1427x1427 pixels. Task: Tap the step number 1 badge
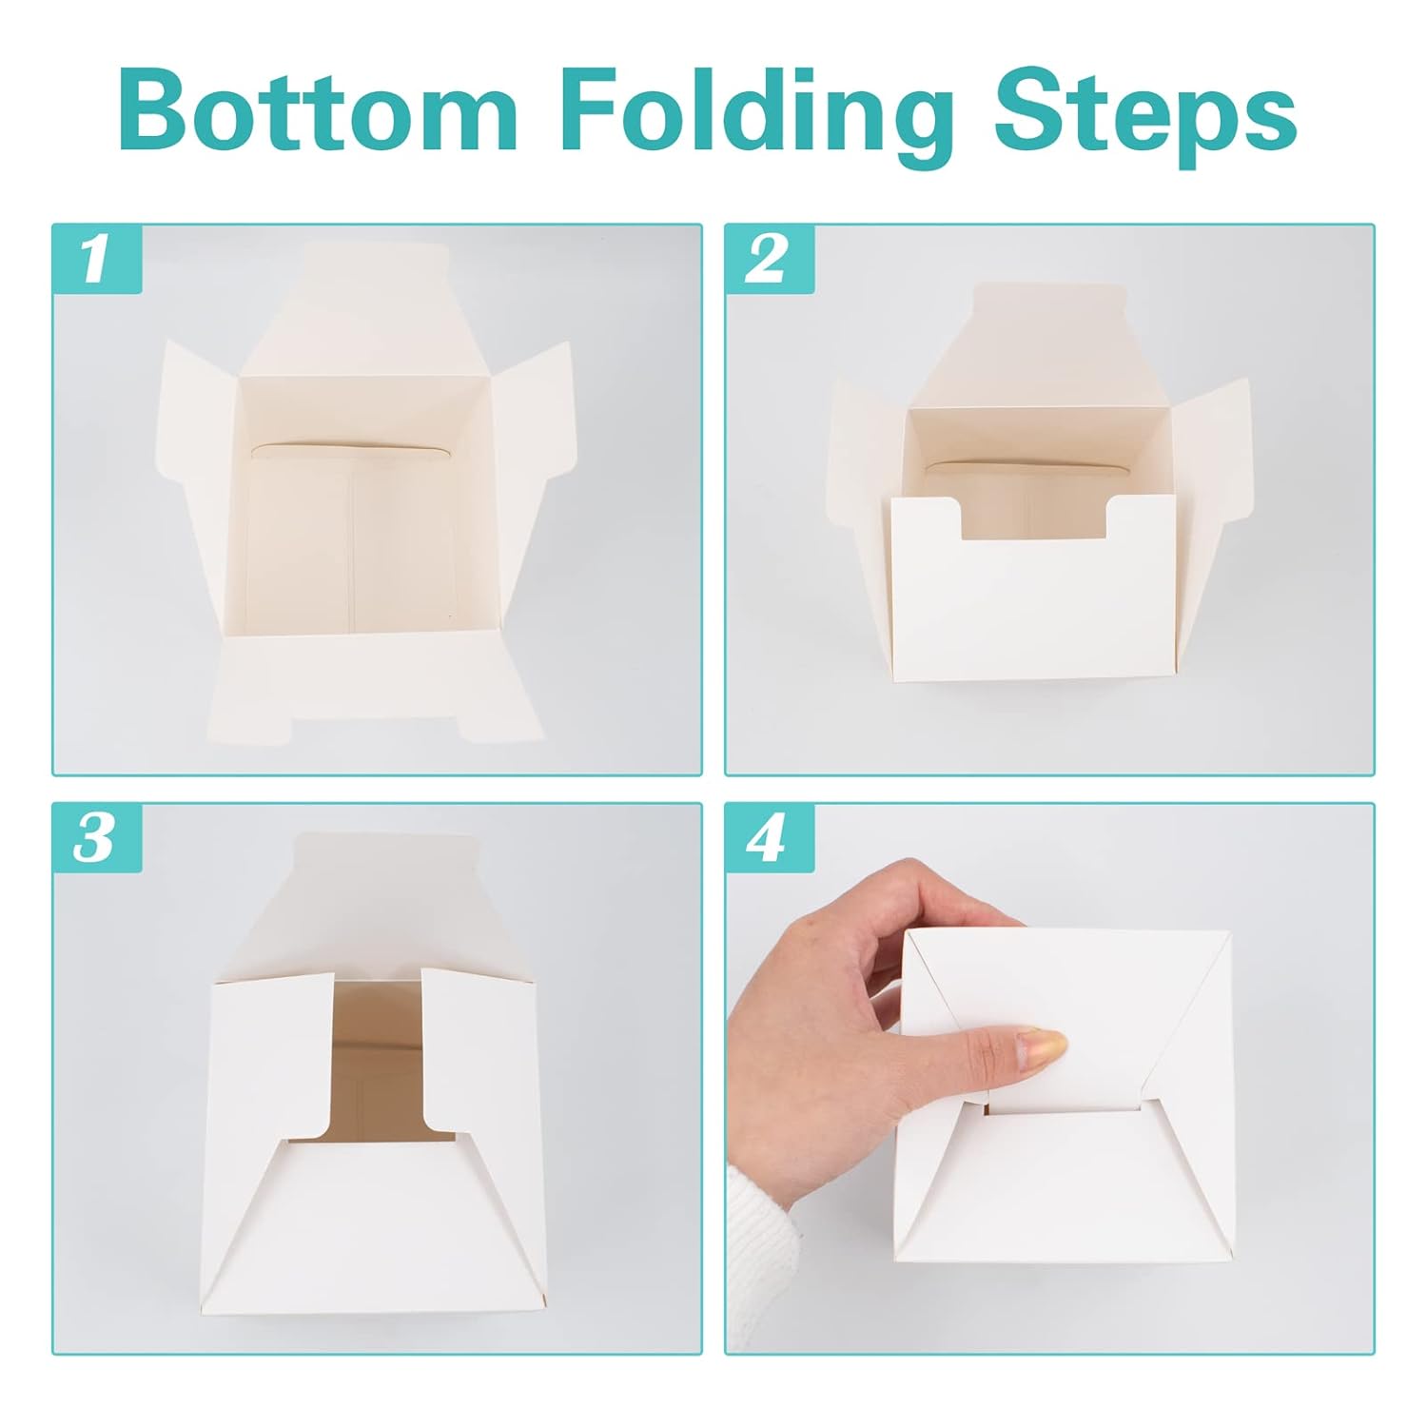pos(96,259)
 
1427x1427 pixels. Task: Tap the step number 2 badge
pos(769,259)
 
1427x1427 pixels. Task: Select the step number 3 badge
pos(96,838)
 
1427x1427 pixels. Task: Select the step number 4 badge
pos(769,838)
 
